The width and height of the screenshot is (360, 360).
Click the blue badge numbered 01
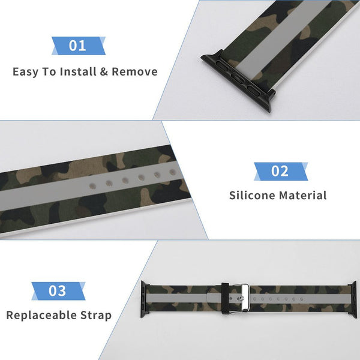pyautogui.click(x=78, y=46)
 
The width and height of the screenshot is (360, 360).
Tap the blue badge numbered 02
pyautogui.click(x=280, y=171)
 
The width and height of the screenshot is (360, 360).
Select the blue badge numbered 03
pyautogui.click(x=57, y=291)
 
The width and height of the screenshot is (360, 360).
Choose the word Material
pyautogui.click(x=305, y=195)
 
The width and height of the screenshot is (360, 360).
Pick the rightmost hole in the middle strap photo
pyautogui.click(x=173, y=172)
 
